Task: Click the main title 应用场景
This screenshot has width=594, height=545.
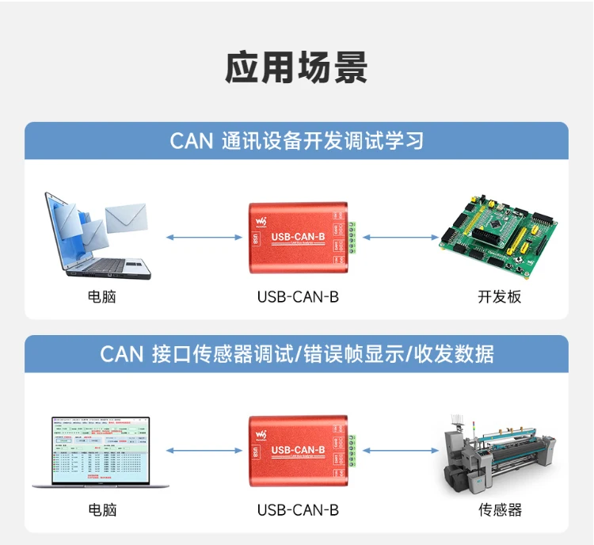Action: pos(296,68)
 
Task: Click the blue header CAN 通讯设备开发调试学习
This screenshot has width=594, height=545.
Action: pos(296,141)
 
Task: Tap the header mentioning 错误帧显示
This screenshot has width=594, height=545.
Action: pos(296,354)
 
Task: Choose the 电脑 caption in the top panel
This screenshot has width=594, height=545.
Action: pos(102,297)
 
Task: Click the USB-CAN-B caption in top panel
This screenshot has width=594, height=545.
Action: pos(298,297)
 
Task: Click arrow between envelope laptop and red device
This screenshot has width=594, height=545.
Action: pos(204,236)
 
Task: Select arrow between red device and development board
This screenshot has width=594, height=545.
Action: pos(399,236)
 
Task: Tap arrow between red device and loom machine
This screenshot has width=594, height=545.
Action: pos(399,450)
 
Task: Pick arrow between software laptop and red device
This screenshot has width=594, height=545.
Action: pos(204,450)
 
